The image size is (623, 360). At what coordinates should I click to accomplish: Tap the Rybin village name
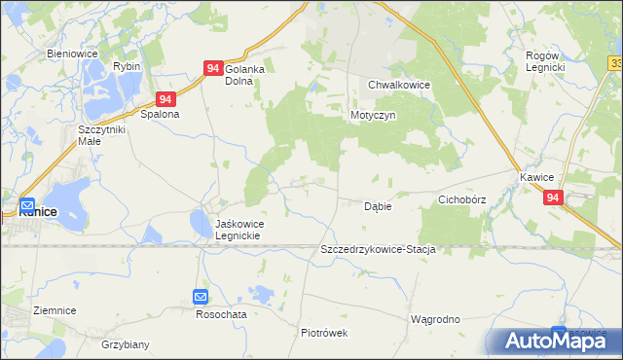(127, 66)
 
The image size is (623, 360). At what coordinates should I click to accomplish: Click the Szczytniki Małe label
(103, 134)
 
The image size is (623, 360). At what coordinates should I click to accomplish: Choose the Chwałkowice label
(399, 85)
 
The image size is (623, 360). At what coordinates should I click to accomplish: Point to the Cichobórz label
(461, 199)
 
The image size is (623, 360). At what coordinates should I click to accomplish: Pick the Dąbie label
(378, 206)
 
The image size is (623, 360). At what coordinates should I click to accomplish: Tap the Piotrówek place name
(324, 332)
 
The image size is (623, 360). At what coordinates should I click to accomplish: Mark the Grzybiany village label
(125, 344)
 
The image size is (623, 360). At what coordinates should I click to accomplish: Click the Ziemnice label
(55, 310)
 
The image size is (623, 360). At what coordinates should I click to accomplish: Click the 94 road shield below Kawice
(553, 198)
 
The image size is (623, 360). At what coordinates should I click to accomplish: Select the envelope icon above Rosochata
(201, 297)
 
